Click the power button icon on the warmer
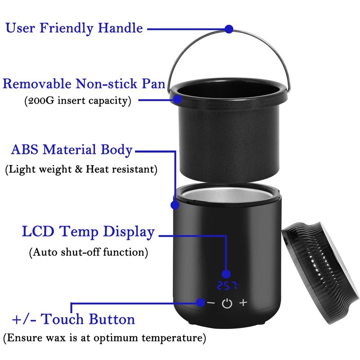point(227,303)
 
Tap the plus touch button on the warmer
point(243,302)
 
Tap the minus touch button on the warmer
point(211,303)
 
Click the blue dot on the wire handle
point(229,29)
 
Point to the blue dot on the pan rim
point(177,99)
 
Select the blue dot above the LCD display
point(226,274)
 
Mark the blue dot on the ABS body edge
point(175,205)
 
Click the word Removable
point(37,83)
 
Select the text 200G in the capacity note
point(41,100)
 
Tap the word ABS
point(25,149)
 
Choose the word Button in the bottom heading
point(112,319)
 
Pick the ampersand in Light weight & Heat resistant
point(78,169)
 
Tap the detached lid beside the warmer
point(321,273)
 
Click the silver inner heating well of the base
point(226,194)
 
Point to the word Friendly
point(66,29)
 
